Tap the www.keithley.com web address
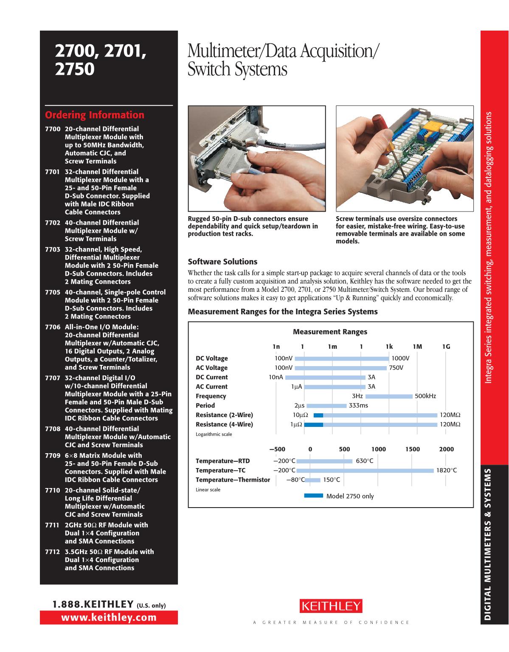[x=109, y=617]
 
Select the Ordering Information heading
[x=95, y=115]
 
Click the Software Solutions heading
[x=222, y=262]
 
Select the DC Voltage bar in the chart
[x=342, y=358]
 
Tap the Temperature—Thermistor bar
[x=313, y=480]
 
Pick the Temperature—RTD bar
[x=324, y=461]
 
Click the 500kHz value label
[x=425, y=396]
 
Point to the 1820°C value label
[x=447, y=471]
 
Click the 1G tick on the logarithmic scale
[x=446, y=347]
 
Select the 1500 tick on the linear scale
[x=412, y=449]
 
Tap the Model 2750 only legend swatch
[x=314, y=496]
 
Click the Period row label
[x=205, y=406]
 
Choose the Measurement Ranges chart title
[x=330, y=332]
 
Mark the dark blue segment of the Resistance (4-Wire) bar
[x=314, y=424]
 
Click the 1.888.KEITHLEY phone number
[x=93, y=604]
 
